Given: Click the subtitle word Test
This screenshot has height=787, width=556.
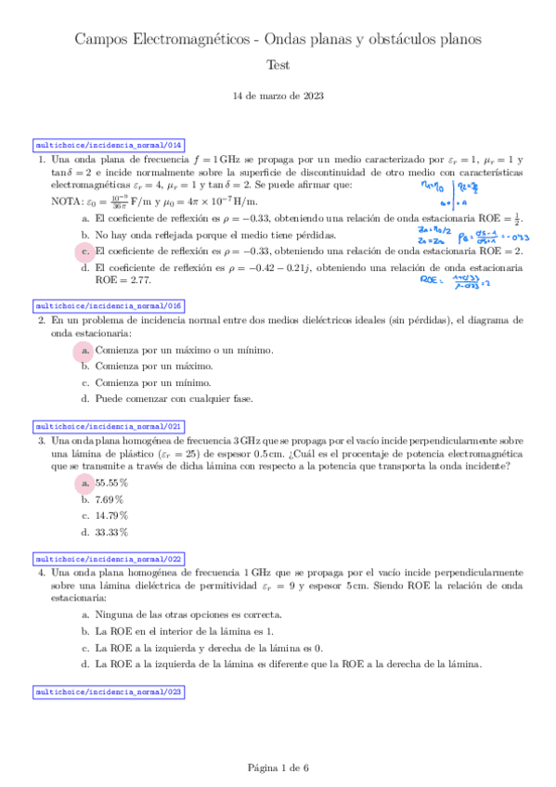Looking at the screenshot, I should [278, 65].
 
